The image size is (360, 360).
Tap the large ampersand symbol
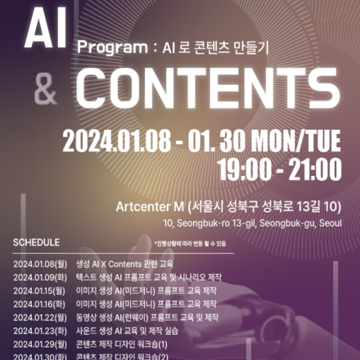coord(45,89)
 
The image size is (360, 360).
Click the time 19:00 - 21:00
coord(279,169)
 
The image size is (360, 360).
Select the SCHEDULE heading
coord(36,243)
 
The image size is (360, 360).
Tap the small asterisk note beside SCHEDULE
coord(189,244)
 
